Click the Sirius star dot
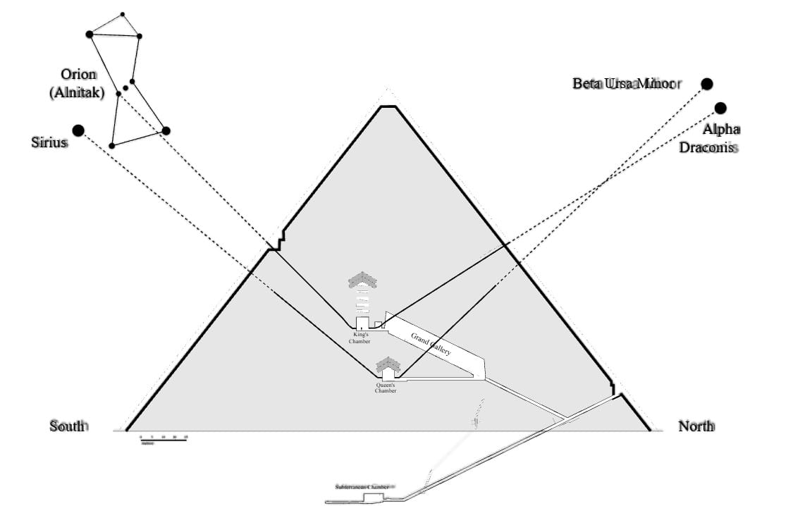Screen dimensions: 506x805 point(78,130)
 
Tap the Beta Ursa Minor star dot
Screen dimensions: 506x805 point(707,84)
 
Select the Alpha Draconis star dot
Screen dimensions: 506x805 point(720,108)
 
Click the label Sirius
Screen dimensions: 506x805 point(49,142)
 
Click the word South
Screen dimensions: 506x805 point(68,426)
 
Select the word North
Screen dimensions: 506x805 point(696,426)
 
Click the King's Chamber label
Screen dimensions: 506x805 point(360,338)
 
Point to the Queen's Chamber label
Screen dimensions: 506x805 point(386,388)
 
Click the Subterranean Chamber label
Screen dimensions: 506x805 point(362,487)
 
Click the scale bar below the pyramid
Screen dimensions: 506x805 point(164,439)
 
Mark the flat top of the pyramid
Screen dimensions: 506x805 point(388,106)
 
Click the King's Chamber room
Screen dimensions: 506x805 point(362,323)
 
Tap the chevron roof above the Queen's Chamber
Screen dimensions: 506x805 point(388,364)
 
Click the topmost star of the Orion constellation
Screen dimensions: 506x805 point(122,13)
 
